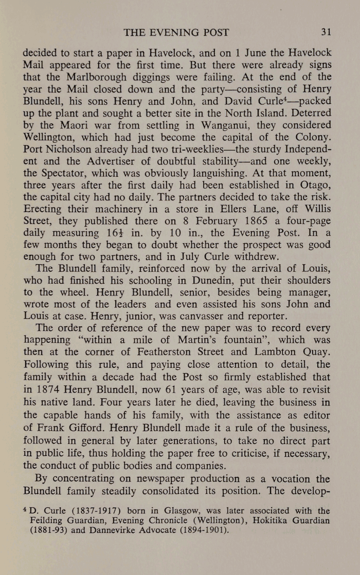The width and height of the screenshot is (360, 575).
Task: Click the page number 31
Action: point(326,32)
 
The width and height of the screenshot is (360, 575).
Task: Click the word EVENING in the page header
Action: point(176,32)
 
